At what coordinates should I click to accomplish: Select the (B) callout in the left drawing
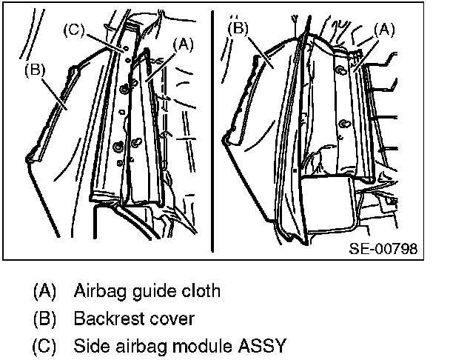coord(35,71)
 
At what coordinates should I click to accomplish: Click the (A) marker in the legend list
coord(45,290)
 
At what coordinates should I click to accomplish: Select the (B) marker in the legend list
coord(45,319)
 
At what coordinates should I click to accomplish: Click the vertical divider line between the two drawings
coord(212,133)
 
